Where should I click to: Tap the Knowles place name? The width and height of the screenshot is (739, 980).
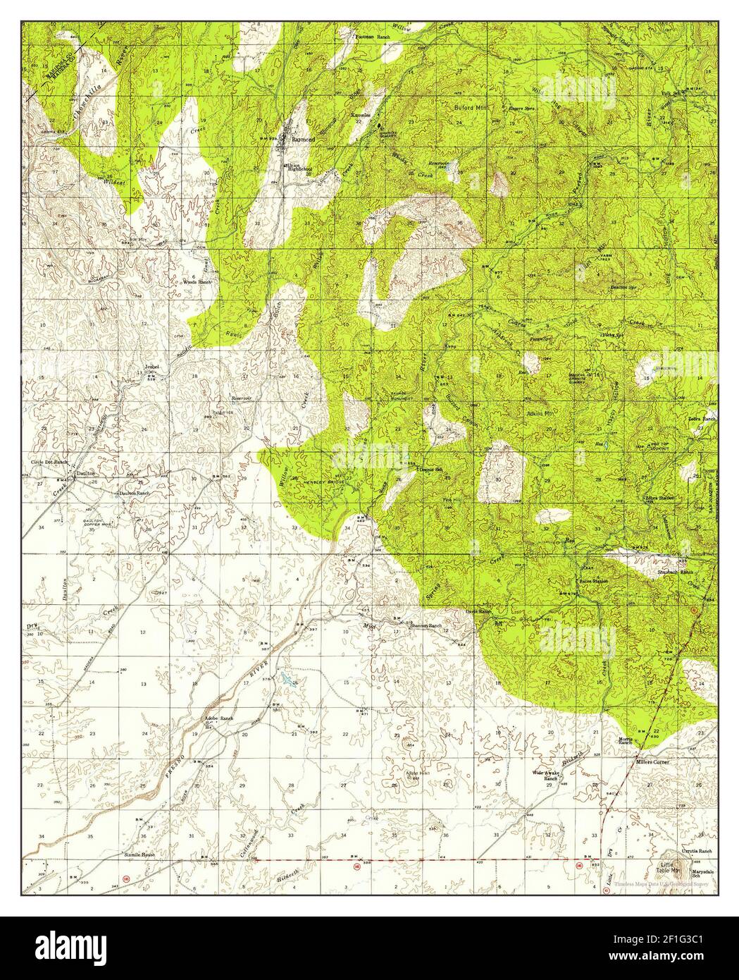tap(362, 114)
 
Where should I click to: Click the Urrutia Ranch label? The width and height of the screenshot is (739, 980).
tap(696, 852)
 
